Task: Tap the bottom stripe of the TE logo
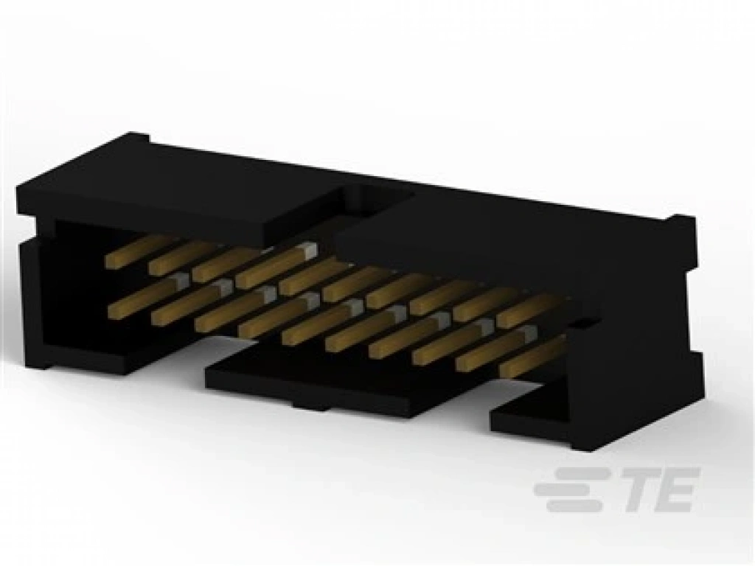573,505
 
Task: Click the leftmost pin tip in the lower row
117,312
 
